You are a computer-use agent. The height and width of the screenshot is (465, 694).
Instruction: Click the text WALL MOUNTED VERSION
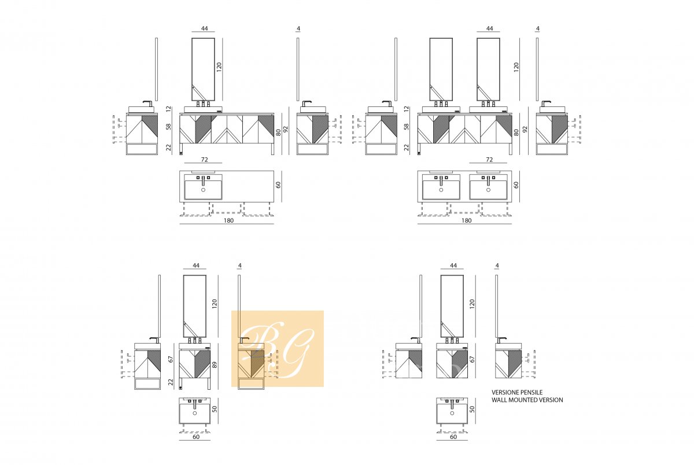pos(527,400)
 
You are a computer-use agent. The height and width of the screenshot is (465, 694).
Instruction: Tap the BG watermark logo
pos(277,349)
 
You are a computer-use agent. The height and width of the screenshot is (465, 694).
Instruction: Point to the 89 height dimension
pos(215,364)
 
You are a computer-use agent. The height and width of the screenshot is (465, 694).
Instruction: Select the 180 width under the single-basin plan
pos(228,220)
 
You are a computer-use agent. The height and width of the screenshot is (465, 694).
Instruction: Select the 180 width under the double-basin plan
pos(466,220)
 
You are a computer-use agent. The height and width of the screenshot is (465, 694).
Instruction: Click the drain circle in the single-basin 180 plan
pos(203,190)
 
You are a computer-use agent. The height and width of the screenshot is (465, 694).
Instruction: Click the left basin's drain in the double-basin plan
pos(441,190)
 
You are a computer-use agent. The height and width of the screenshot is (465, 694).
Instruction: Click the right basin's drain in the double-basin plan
pos(488,190)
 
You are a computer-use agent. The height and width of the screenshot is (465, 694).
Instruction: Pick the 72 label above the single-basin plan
pos(205,160)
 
